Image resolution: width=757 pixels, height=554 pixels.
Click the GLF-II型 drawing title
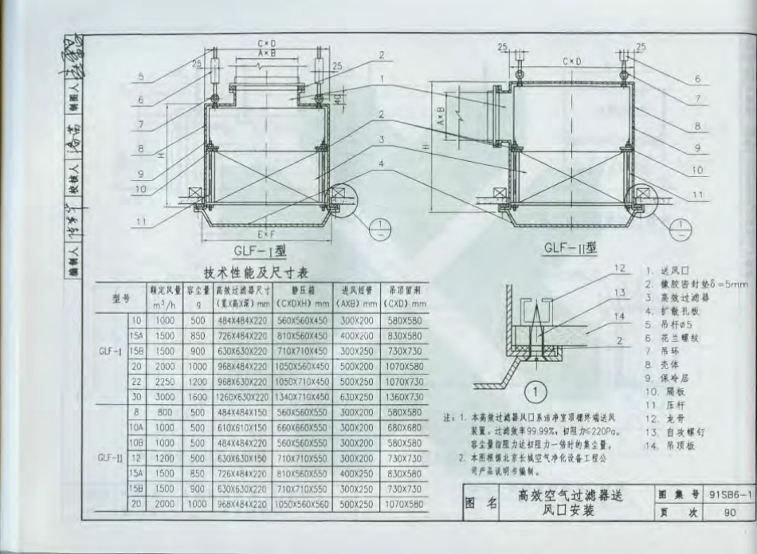pos(570,248)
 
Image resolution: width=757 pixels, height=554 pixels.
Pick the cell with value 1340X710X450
pos(302,397)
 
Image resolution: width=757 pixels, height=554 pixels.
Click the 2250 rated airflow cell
pos(165,382)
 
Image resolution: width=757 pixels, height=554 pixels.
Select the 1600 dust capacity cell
pos(196,397)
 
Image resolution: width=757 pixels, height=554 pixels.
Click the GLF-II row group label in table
pos(110,458)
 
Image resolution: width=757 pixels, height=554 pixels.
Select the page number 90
pos(729,513)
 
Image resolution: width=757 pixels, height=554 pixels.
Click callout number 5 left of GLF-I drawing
pos(139,77)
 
